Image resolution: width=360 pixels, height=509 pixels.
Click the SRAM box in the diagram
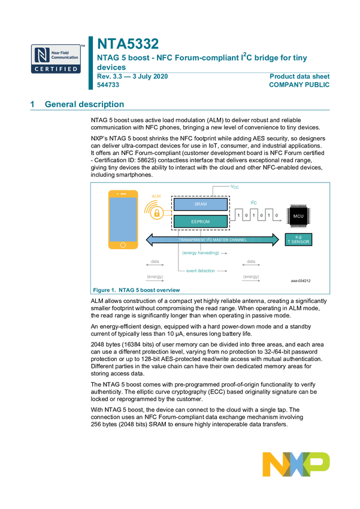coord(201,204)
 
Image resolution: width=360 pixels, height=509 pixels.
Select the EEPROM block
coord(201,222)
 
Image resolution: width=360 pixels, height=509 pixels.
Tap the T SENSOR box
coord(299,240)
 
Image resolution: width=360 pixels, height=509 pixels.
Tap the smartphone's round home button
coord(123,245)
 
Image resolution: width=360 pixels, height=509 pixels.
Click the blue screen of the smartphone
coord(123,218)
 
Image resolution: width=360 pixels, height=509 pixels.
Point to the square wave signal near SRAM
coord(254,214)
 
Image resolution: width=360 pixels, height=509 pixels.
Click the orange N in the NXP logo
coord(273,464)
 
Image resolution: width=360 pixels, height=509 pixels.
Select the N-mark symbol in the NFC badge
coord(41,54)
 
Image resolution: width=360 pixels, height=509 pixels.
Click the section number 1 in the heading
coord(32,104)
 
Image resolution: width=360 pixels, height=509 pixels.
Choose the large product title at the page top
coord(128,43)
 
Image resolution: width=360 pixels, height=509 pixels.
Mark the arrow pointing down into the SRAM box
coord(213,192)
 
